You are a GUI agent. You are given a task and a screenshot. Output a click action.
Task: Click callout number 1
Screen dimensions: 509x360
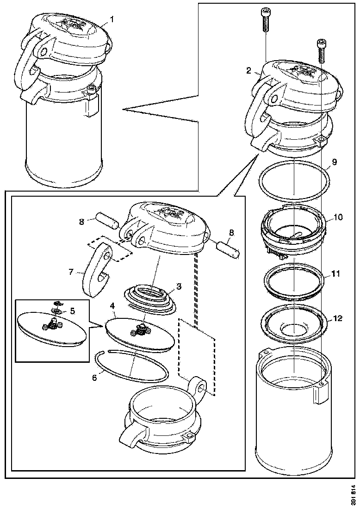tap(112, 19)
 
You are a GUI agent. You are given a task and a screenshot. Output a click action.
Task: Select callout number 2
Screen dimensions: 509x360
tap(248, 71)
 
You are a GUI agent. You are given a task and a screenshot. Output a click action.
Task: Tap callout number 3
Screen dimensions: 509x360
tap(179, 286)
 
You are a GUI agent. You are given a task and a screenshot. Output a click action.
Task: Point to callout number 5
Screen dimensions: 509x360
tap(72, 311)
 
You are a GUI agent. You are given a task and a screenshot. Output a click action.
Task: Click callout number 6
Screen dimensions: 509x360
tap(94, 378)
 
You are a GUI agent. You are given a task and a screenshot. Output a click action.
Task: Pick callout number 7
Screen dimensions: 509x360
tap(71, 272)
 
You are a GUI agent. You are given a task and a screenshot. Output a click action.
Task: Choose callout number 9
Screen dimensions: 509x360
tap(334, 162)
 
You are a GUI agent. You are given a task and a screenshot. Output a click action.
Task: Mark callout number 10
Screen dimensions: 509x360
tap(339, 217)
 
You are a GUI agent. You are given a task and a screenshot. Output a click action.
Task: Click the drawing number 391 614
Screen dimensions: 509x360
tap(353, 494)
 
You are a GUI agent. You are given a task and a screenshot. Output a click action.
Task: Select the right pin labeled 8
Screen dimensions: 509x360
tap(230, 249)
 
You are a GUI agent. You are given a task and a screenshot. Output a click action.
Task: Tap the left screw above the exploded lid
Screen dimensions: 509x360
tap(266, 20)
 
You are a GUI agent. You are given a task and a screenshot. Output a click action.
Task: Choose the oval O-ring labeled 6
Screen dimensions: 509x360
tap(131, 367)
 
